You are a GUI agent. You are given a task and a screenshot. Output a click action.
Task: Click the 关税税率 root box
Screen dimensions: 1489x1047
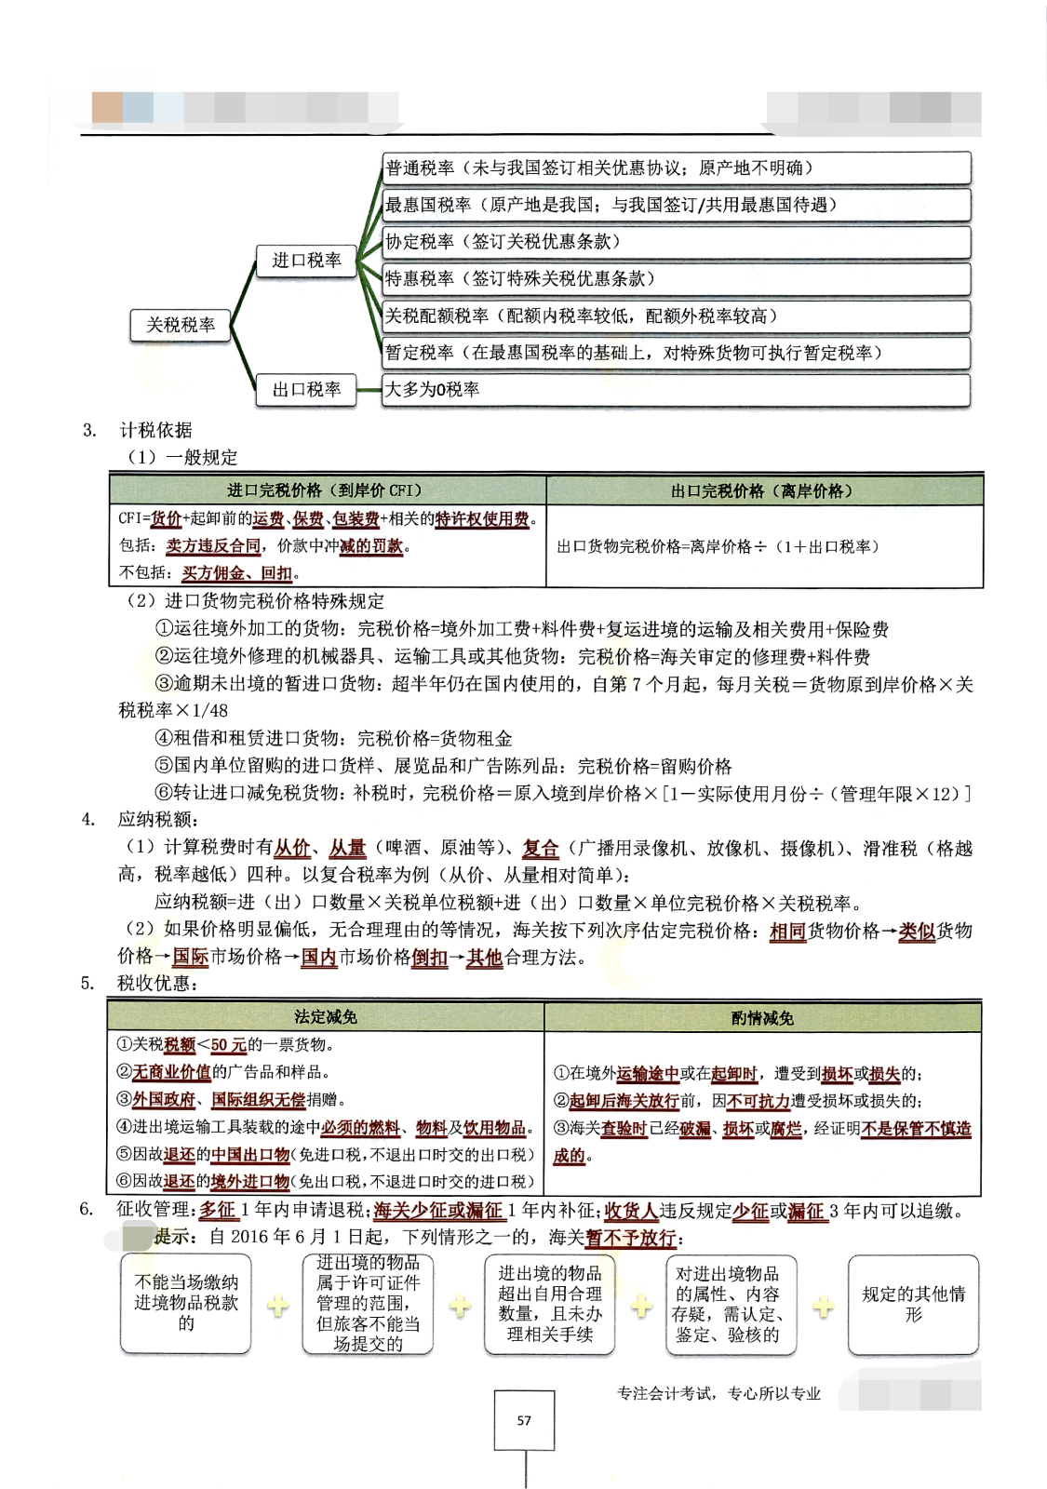(x=181, y=325)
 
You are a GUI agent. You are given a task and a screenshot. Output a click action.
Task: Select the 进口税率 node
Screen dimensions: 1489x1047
(x=306, y=261)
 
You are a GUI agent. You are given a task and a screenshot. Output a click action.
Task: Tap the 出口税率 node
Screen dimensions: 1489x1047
(x=306, y=390)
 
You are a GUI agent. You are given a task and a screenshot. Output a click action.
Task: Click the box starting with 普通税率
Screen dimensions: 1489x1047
(x=676, y=168)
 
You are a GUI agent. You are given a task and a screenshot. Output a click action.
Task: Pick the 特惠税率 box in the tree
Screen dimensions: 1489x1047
(x=676, y=279)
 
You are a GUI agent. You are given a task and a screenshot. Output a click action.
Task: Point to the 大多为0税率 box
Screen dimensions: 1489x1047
(x=676, y=390)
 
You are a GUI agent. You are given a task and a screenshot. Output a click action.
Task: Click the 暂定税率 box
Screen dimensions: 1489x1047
(x=676, y=353)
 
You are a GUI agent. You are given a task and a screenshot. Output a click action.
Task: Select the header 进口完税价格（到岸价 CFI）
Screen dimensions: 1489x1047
(x=326, y=490)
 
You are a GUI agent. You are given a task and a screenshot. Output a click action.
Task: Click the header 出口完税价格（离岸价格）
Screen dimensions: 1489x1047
(x=763, y=490)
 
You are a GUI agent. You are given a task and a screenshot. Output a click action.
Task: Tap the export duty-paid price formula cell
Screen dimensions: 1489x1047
(x=718, y=547)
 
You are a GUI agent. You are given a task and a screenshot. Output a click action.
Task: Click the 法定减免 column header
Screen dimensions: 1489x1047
(x=326, y=1017)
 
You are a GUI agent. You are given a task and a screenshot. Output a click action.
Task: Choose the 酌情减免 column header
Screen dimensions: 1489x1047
(x=762, y=1018)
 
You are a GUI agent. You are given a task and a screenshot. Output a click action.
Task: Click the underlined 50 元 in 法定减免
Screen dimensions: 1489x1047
(x=229, y=1045)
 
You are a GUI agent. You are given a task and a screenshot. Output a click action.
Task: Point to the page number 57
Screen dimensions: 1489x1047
(x=524, y=1420)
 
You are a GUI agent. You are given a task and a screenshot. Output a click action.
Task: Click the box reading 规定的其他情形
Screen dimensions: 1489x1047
(x=913, y=1304)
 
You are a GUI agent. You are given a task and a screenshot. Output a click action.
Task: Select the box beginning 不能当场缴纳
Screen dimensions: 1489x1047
(x=186, y=1303)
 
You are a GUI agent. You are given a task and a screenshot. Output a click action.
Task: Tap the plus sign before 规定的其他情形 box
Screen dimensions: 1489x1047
(x=824, y=1308)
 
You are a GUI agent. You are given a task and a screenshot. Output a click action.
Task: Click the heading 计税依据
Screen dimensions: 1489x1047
(x=155, y=430)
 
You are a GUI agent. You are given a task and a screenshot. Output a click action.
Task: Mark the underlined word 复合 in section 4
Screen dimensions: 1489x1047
(x=541, y=849)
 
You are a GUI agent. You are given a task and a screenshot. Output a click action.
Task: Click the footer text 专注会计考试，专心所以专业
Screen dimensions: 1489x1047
(x=718, y=1393)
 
